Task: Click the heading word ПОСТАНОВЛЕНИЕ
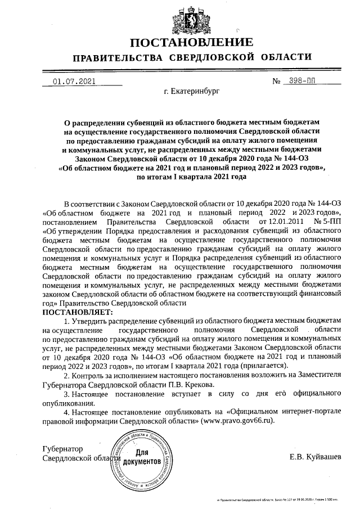click(192, 43)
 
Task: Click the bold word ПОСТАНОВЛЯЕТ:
click(77, 312)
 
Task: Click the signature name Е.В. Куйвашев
click(315, 456)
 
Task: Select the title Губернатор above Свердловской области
click(62, 449)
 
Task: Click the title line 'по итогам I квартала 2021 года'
click(191, 176)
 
